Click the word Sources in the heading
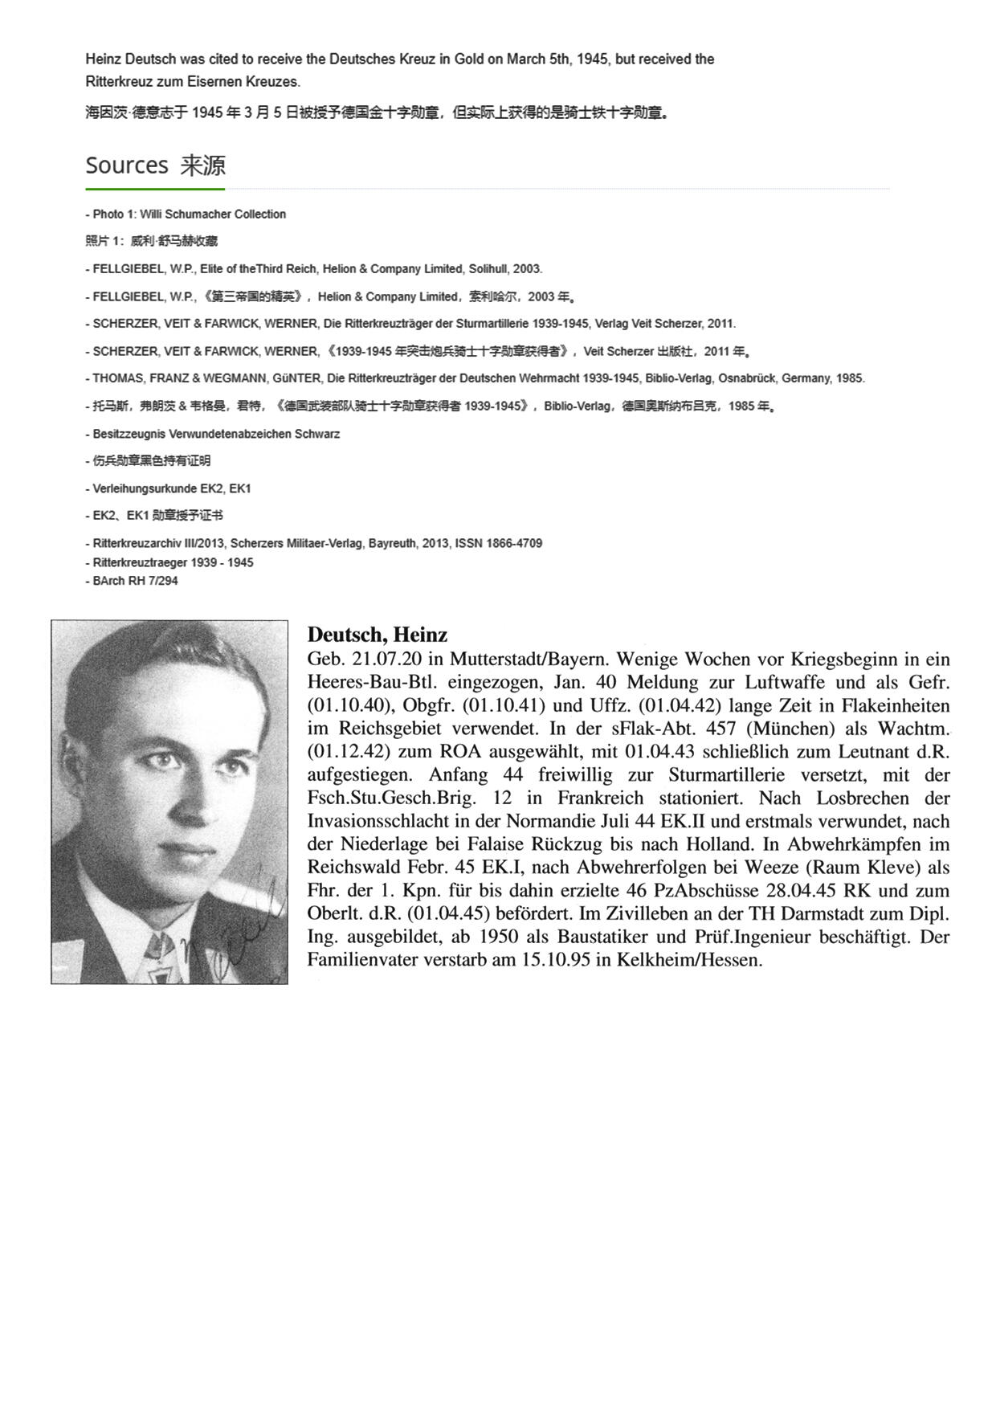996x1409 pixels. pyautogui.click(x=127, y=165)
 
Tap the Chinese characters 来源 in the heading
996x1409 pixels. pyautogui.click(x=203, y=165)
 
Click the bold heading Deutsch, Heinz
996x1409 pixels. pyautogui.click(x=377, y=635)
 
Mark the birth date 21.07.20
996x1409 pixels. pyautogui.click(x=386, y=660)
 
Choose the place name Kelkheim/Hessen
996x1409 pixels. pyautogui.click(x=688, y=960)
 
